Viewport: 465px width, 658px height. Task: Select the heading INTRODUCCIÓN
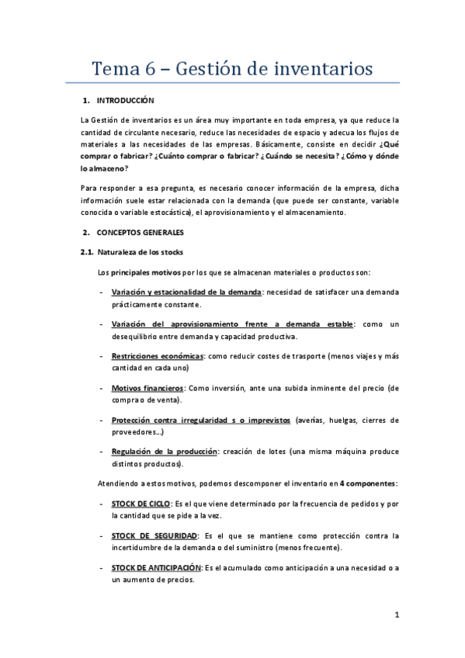point(126,101)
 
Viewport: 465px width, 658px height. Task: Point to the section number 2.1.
point(87,252)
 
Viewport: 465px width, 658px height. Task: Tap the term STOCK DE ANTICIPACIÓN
point(159,568)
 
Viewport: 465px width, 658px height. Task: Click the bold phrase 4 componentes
point(367,483)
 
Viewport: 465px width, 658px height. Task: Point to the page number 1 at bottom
point(396,615)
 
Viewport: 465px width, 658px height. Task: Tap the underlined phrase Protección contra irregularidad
point(177,420)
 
